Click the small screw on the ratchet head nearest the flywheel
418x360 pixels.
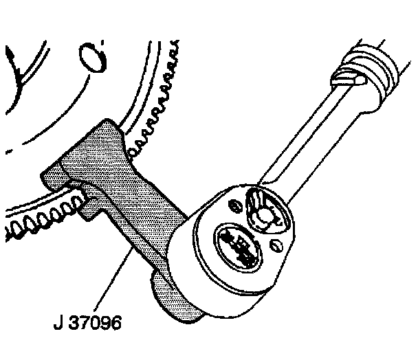click(x=236, y=205)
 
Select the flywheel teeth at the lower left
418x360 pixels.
click(x=41, y=224)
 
